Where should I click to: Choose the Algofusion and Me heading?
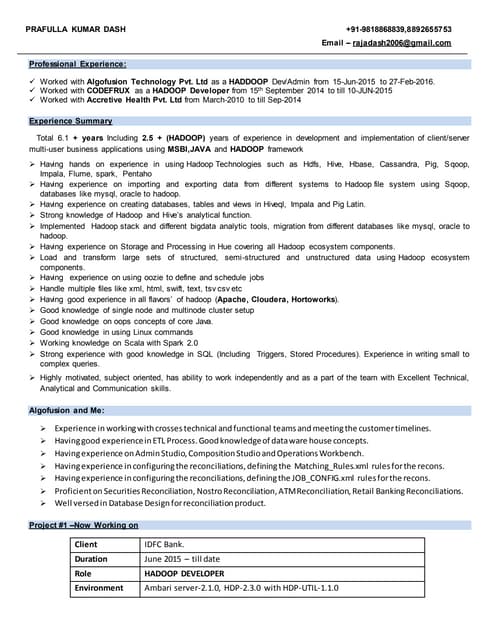[66, 411]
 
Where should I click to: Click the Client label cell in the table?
[87, 544]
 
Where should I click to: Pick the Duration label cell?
[91, 559]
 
